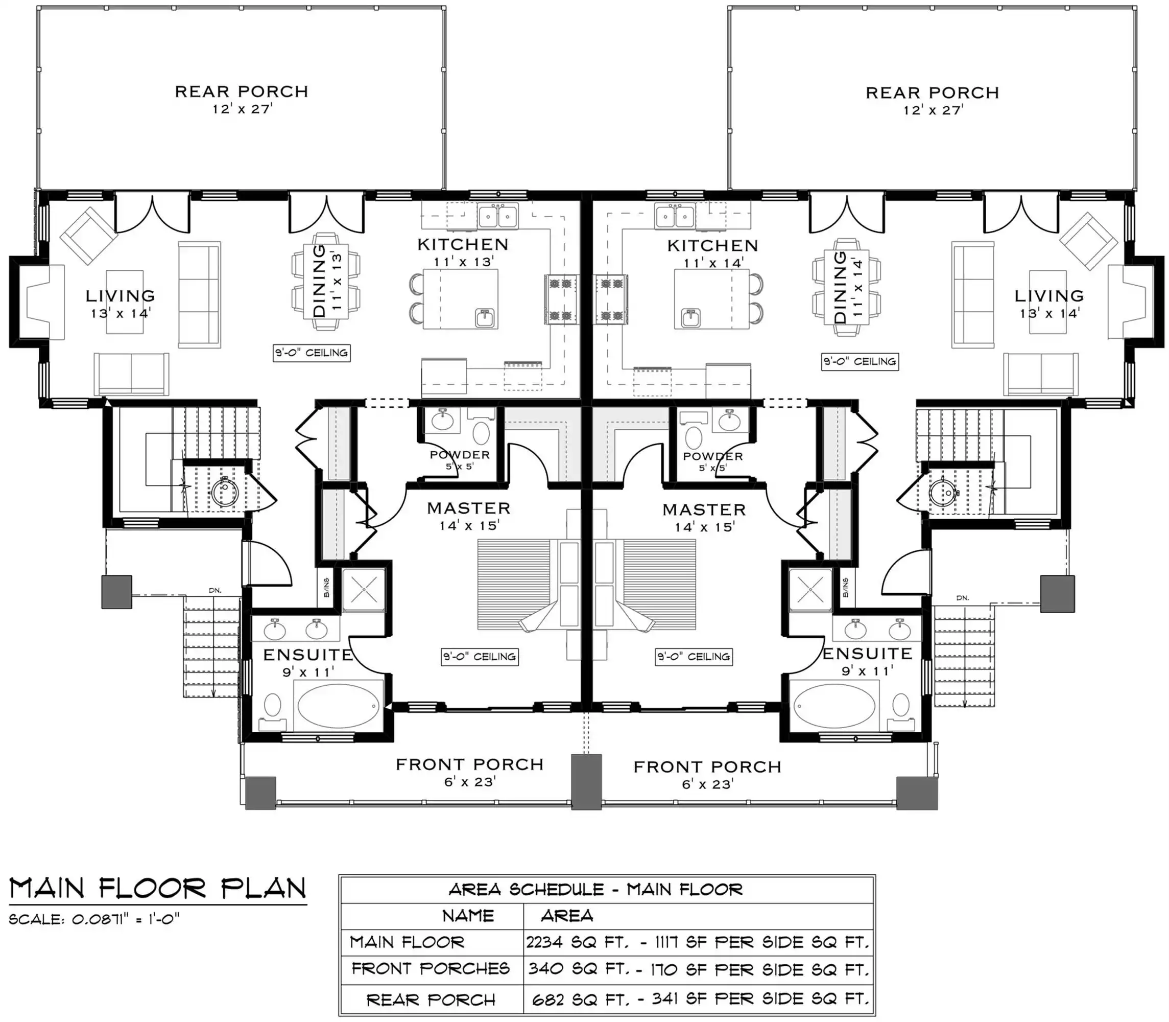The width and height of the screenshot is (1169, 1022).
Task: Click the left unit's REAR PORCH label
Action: (x=241, y=91)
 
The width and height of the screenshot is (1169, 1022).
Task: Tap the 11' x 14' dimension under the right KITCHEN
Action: (x=713, y=263)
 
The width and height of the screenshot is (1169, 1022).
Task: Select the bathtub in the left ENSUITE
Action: (x=338, y=706)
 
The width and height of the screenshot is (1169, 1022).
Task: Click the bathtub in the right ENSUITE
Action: (x=834, y=706)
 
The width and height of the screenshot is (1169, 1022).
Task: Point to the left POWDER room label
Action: (x=460, y=455)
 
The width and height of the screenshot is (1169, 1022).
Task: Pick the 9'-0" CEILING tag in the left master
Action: (x=480, y=657)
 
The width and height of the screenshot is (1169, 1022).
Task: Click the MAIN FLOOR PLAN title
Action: (x=158, y=888)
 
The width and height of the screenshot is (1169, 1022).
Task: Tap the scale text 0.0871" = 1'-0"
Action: (x=126, y=919)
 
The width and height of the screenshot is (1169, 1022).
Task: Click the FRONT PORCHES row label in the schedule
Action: (x=431, y=968)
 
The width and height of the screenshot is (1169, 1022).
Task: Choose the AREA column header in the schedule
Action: (x=566, y=916)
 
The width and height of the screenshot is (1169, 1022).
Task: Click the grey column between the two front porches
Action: (x=586, y=782)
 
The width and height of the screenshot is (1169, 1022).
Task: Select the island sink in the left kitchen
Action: (x=485, y=318)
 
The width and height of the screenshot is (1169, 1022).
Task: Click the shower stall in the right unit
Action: (x=810, y=589)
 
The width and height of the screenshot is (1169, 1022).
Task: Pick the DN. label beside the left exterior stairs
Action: (x=215, y=590)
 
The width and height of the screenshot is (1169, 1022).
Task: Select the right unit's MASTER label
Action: (x=704, y=509)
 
